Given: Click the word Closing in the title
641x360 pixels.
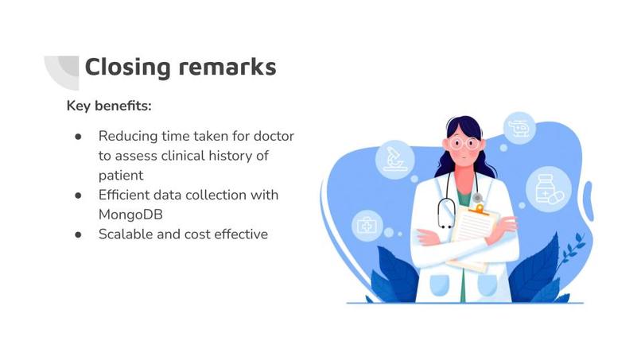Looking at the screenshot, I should pos(127,67).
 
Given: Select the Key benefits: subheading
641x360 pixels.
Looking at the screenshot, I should pos(109,106).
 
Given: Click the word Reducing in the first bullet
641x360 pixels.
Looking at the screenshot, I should pos(126,136).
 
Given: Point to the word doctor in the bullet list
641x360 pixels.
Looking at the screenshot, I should pos(273,136).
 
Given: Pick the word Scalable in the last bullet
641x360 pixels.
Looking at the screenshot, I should pos(126,234).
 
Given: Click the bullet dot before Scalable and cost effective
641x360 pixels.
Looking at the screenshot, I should pos(78,234).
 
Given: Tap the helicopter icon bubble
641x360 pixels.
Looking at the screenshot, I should pos(519,127).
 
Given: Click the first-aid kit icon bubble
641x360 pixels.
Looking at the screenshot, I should pos(367,226).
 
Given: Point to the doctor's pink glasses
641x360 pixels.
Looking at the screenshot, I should pos(462,144).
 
